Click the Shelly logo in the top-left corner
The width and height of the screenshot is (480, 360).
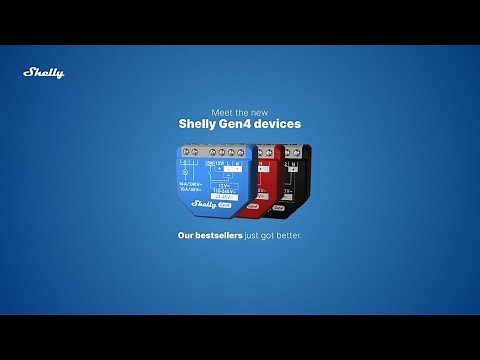(x=44, y=72)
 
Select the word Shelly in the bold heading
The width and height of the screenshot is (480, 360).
(x=197, y=125)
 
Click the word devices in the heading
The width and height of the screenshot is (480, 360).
(x=279, y=125)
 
